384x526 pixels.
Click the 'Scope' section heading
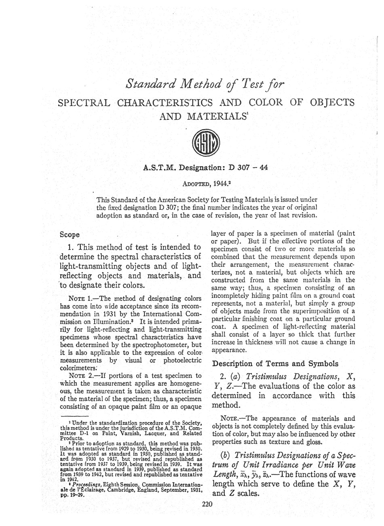point(70,234)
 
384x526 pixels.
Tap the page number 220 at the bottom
point(207,503)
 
